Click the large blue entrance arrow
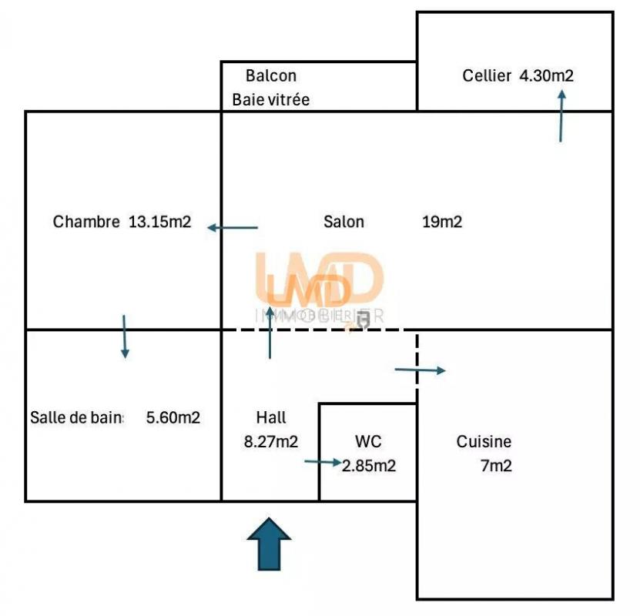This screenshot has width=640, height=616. [270, 544]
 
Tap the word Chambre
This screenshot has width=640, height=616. [86, 222]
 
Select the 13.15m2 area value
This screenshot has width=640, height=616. [160, 222]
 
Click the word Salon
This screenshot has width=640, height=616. [343, 222]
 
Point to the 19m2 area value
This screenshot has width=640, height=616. [442, 222]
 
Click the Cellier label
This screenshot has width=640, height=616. [487, 76]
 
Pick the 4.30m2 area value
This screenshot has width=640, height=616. [547, 76]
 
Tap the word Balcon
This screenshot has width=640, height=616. [271, 76]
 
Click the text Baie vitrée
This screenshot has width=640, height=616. [271, 100]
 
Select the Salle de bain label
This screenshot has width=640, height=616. [77, 418]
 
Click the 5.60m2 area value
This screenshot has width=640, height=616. [173, 418]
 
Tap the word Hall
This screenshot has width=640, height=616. [271, 418]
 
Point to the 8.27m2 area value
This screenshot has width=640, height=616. [271, 442]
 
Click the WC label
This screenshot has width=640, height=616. [368, 442]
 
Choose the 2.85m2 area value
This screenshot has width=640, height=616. [369, 466]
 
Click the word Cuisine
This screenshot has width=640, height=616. [484, 442]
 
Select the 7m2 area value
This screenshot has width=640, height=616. [496, 466]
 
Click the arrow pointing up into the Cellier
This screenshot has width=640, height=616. [561, 115]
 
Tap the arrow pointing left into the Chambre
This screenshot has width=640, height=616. [233, 228]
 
